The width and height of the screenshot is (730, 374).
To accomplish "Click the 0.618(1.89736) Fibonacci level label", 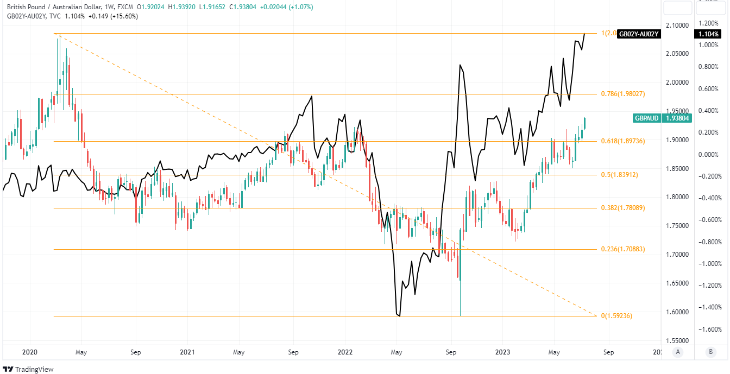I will [x=622, y=141].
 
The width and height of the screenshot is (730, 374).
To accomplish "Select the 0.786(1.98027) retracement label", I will [x=622, y=94].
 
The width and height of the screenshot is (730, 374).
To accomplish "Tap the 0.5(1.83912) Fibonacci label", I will [x=619, y=175].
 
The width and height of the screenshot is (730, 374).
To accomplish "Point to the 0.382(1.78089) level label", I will [x=622, y=208].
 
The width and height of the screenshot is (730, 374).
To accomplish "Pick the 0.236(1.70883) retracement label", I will [x=622, y=250].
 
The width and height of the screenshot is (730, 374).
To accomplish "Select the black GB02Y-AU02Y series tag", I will [x=639, y=34].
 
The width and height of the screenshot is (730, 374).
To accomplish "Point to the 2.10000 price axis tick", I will [x=677, y=25].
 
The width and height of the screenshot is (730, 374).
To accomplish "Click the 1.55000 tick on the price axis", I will [x=677, y=340].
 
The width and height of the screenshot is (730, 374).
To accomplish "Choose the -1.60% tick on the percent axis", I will [x=710, y=329].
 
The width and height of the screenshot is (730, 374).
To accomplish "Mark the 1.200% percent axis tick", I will [x=710, y=23].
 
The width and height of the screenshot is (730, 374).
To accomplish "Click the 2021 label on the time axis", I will [x=187, y=352].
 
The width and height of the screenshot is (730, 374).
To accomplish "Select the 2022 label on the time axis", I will [x=345, y=352].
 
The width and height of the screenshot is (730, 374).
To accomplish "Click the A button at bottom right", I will [x=677, y=352].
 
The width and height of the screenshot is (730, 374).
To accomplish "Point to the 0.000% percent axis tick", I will [x=710, y=154].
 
